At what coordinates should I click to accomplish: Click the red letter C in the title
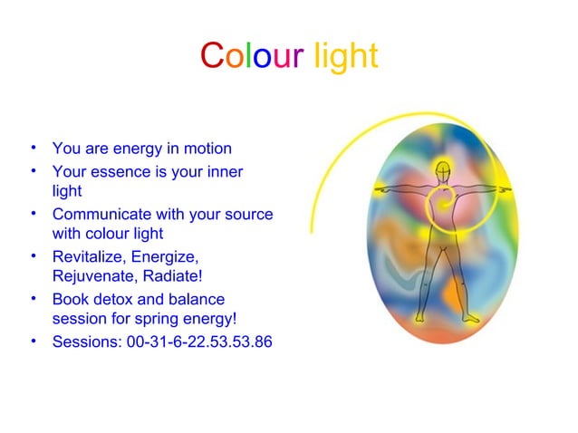click(211, 56)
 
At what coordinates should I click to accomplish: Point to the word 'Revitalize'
click(89, 257)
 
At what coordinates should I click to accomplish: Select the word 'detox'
click(110, 299)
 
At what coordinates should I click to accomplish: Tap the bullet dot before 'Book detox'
click(33, 298)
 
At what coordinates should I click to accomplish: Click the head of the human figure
click(442, 169)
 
